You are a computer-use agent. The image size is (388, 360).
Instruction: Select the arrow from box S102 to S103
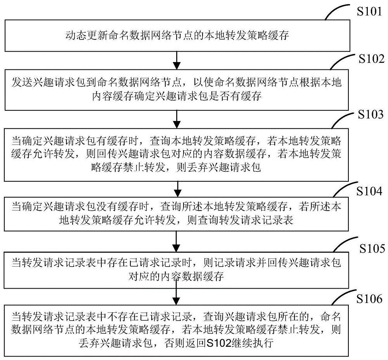(x=177, y=117)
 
